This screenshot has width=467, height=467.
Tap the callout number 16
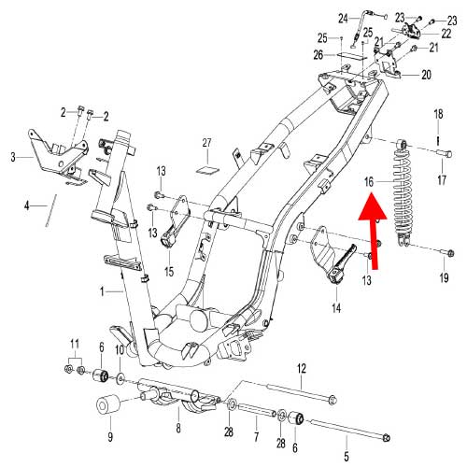368,182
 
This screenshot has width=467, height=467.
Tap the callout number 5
346,457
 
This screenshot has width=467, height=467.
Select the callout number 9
109,435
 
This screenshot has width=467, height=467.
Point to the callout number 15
170,272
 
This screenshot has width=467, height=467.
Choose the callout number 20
426,74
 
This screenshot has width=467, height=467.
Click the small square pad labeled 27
208,169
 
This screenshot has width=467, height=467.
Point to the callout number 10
120,350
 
